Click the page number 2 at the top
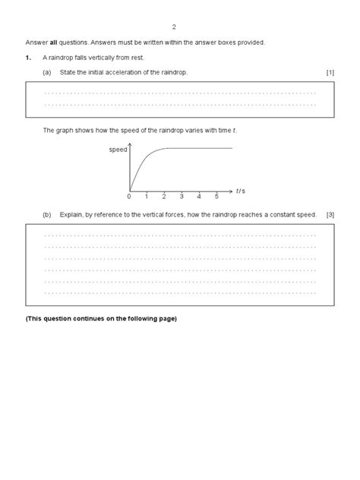[174, 26]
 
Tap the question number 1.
[28, 57]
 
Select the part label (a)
[47, 71]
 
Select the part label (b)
[47, 215]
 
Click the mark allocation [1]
[330, 71]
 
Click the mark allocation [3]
[330, 215]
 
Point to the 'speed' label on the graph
[118, 150]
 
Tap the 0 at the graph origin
[129, 197]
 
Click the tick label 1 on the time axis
[147, 197]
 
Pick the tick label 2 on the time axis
[164, 197]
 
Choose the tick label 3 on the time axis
[182, 197]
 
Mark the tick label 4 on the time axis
[199, 197]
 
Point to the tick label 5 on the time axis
[216, 197]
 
